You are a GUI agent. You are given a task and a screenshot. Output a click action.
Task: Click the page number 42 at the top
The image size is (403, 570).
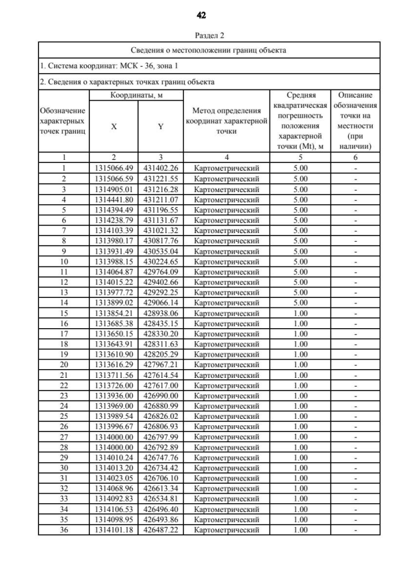tap(201, 14)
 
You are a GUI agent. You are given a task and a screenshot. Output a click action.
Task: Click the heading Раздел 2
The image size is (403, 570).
tap(201, 35)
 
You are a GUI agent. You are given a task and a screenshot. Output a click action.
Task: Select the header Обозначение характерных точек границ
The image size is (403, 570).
tap(63, 121)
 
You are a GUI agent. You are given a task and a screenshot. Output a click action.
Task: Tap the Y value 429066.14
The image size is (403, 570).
tap(161, 302)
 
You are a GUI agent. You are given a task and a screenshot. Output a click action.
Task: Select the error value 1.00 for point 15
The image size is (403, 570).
tap(300, 312)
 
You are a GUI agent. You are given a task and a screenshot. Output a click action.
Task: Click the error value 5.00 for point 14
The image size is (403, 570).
tap(300, 302)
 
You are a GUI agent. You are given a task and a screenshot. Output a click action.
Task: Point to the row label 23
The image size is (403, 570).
tap(63, 395)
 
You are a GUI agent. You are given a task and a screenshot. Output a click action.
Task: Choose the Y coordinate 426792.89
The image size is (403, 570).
tap(161, 447)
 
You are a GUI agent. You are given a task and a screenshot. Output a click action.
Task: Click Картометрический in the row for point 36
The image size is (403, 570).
tap(226, 530)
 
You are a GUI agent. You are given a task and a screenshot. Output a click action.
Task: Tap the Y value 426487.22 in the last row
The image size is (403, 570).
tap(161, 530)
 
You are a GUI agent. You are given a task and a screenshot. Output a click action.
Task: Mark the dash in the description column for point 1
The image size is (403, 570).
tap(356, 168)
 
